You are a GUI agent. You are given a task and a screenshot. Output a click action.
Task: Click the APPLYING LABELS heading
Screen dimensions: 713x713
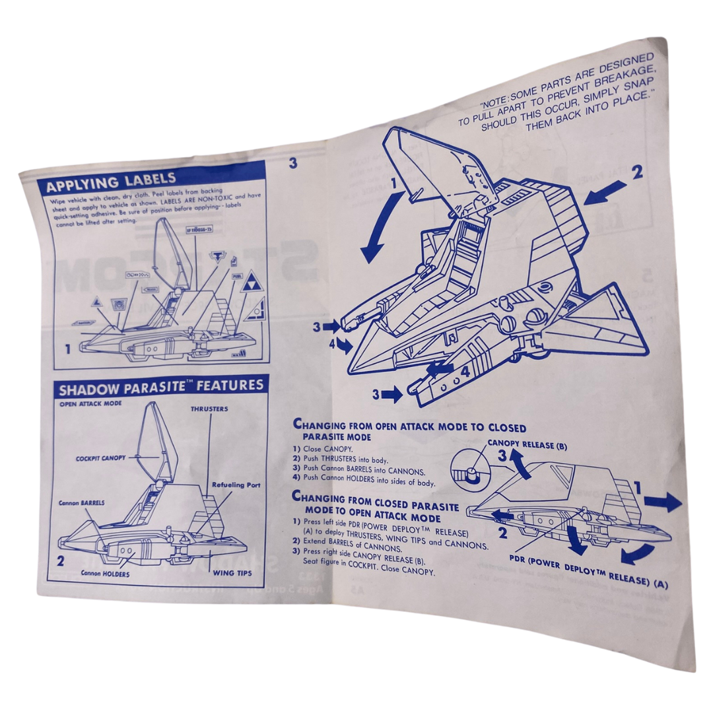tap(111, 180)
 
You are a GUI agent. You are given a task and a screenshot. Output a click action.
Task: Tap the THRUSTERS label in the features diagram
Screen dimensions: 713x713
tap(209, 409)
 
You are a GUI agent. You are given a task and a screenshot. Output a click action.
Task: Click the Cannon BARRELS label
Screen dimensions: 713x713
tap(81, 502)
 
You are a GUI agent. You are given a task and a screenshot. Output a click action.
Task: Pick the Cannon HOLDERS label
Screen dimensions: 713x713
tap(105, 574)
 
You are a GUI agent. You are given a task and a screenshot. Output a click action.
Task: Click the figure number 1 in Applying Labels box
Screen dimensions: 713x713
tap(67, 349)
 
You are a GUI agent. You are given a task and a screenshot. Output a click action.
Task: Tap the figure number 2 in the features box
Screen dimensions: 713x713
tap(60, 562)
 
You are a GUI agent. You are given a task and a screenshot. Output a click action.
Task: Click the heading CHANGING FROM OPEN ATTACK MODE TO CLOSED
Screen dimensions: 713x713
tap(409, 428)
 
